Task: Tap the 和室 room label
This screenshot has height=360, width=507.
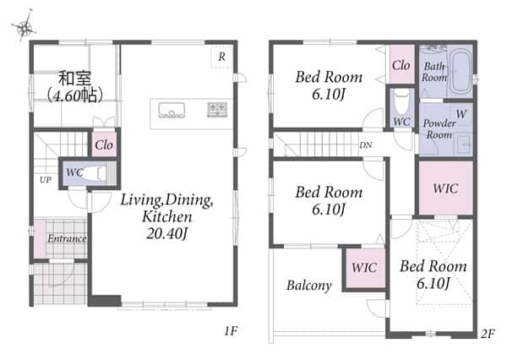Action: coord(74,78)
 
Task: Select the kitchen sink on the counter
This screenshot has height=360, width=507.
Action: coord(172,111)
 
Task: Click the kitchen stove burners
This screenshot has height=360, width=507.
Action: coord(217,109)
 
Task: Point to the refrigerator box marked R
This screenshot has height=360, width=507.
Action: coord(221,57)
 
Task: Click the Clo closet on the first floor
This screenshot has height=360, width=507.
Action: coord(104,145)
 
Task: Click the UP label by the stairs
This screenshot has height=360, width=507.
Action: coord(46,180)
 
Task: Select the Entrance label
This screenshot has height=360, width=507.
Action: coord(67,238)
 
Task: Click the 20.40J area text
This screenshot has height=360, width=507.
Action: coord(166,234)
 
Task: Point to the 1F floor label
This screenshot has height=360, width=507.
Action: coord(231,331)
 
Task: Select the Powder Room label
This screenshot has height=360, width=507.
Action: coord(439,128)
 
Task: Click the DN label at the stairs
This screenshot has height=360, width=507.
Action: coord(366,145)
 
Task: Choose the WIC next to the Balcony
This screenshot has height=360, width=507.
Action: coord(364,268)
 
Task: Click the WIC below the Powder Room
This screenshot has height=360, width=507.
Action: coord(446,188)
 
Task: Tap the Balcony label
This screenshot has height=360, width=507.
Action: coord(309,286)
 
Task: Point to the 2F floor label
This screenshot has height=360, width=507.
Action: coord(488,334)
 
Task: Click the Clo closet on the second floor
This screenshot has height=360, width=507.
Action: coord(401,65)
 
